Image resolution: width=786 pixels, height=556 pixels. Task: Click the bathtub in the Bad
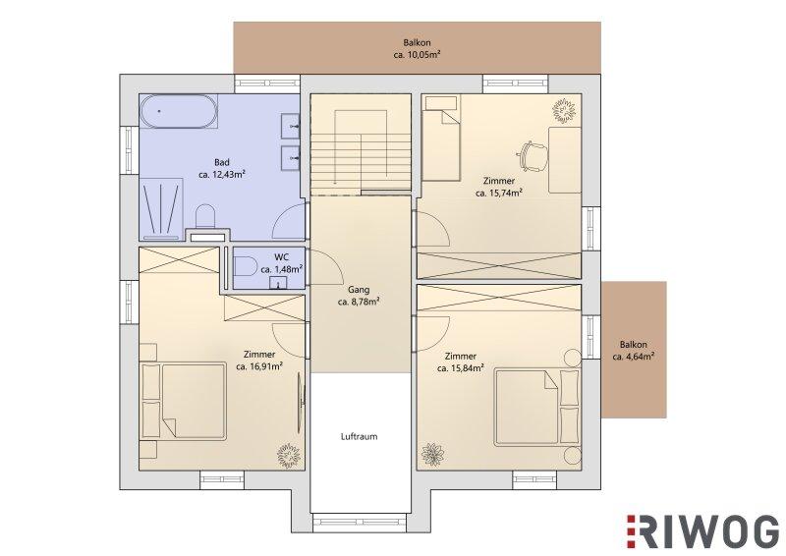pos(179,112)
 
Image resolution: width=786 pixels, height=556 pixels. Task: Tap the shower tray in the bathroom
pos(160,208)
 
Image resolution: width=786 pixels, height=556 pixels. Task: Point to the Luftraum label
pos(359,437)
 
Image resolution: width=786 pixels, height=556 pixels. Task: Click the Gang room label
pos(359,290)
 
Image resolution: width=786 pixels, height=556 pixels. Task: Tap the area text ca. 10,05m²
pos(417,55)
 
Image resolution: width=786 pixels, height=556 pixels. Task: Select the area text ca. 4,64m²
pos(633,357)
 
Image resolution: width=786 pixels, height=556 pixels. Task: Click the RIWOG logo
pos(702,531)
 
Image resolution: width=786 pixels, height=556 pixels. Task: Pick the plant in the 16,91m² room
pos(289,454)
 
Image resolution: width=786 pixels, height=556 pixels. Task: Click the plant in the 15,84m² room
pos(432,454)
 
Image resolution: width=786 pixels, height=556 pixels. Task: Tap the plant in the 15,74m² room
pos(564,110)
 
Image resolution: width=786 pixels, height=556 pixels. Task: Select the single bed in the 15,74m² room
pos(441,139)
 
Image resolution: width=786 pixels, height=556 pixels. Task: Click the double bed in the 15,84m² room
pos(537,408)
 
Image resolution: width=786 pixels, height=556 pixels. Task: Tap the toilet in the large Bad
pos(204,215)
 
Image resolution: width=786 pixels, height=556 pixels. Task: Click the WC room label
pos(282,257)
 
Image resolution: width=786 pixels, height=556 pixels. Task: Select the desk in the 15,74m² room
pos(565,160)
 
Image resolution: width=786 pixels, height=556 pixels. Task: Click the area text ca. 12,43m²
pos(222,175)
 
